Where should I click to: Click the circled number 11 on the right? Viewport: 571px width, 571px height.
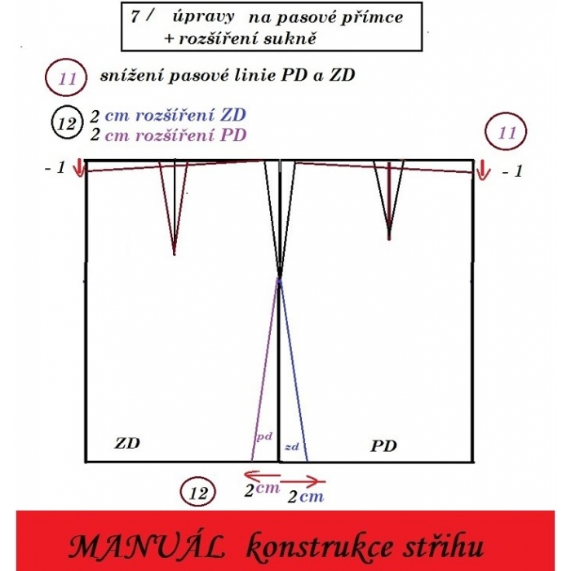click(507, 132)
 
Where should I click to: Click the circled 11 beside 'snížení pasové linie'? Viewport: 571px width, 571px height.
click(66, 79)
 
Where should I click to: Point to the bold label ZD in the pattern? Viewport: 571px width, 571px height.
click(126, 444)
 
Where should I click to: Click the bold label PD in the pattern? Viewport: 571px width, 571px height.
click(383, 446)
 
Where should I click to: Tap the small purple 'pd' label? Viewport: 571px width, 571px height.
click(264, 436)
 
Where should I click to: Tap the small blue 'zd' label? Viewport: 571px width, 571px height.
click(292, 447)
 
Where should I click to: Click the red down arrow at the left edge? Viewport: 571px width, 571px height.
click(78, 169)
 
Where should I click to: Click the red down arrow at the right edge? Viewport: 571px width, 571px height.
click(481, 170)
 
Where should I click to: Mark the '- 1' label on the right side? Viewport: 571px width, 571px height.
click(510, 172)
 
